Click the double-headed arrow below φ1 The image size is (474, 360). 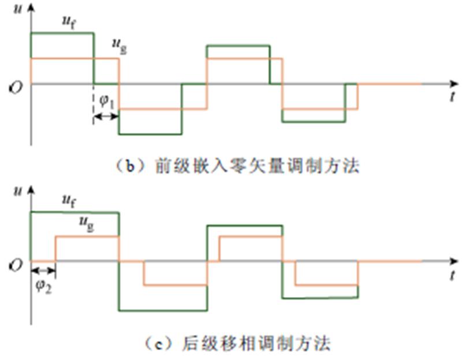(x=106, y=117)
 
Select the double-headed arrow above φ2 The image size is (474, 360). (x=43, y=271)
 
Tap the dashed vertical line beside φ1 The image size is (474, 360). (x=93, y=104)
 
